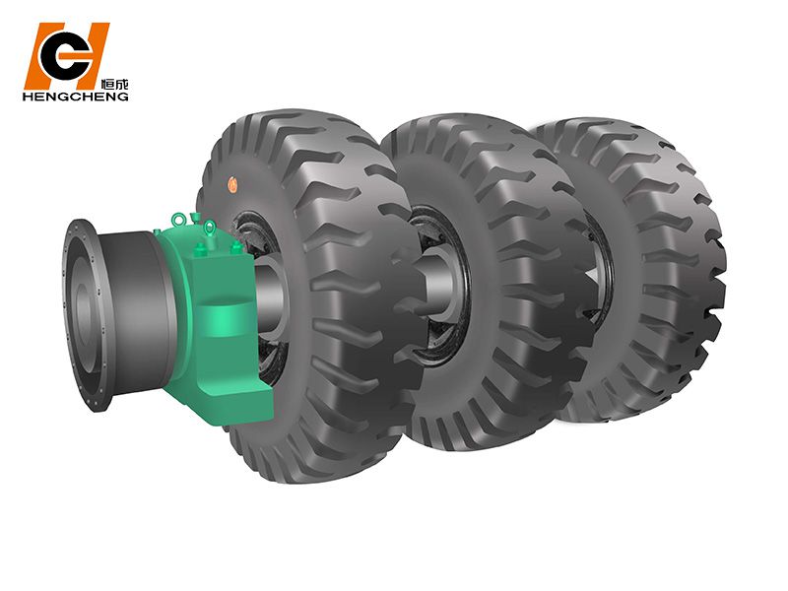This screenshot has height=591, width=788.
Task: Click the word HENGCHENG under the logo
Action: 76,96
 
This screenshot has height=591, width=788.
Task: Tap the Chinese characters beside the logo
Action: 114,84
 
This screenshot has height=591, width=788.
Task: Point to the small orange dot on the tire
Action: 232,184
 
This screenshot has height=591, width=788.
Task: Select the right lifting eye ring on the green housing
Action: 209,228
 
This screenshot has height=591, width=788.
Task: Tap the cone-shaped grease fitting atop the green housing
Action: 195,217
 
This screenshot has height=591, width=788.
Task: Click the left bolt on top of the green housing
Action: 199,249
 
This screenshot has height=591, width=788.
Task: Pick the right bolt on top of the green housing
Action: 235,248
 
